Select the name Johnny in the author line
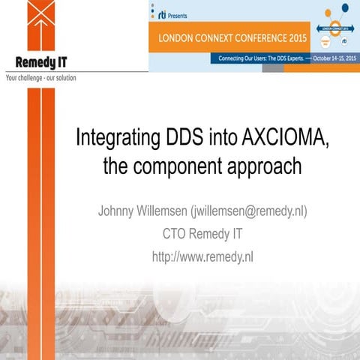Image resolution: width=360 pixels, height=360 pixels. (118, 211)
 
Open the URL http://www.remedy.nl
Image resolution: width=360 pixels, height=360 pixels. (202, 256)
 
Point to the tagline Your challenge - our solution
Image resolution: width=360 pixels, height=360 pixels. (40, 76)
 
